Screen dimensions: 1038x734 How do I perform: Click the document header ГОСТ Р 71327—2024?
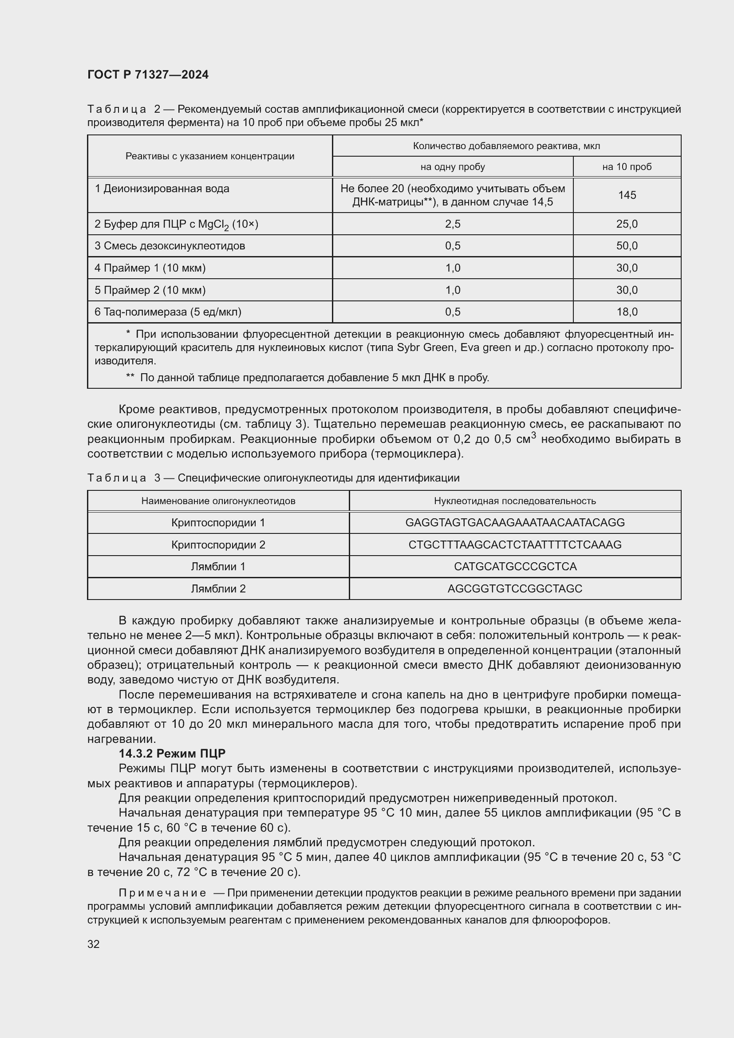point(148,75)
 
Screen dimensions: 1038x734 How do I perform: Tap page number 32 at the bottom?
point(94,944)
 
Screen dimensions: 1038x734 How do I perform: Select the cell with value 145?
point(627,195)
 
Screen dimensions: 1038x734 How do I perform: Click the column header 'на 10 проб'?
point(627,167)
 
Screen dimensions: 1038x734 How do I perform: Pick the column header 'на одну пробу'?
point(452,167)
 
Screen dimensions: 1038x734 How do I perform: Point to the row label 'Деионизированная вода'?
point(166,189)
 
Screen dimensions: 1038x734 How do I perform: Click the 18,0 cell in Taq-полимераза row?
point(627,312)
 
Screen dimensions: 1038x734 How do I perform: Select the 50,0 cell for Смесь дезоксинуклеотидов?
point(627,246)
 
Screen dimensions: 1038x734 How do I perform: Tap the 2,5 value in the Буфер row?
point(452,224)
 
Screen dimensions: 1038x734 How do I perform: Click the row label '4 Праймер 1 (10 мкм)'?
point(150,268)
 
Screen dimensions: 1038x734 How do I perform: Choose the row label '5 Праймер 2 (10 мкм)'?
point(150,290)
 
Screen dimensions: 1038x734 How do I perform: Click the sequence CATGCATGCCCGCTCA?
point(515,566)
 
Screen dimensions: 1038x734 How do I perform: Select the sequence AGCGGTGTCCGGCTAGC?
point(515,588)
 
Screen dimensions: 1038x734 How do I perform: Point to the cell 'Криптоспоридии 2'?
point(218,545)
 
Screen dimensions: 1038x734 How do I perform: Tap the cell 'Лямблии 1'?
point(218,566)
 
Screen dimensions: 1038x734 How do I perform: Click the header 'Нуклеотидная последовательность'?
point(515,501)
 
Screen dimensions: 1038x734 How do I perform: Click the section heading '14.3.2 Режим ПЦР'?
point(172,754)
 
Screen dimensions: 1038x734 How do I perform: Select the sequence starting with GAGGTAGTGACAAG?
point(515,523)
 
